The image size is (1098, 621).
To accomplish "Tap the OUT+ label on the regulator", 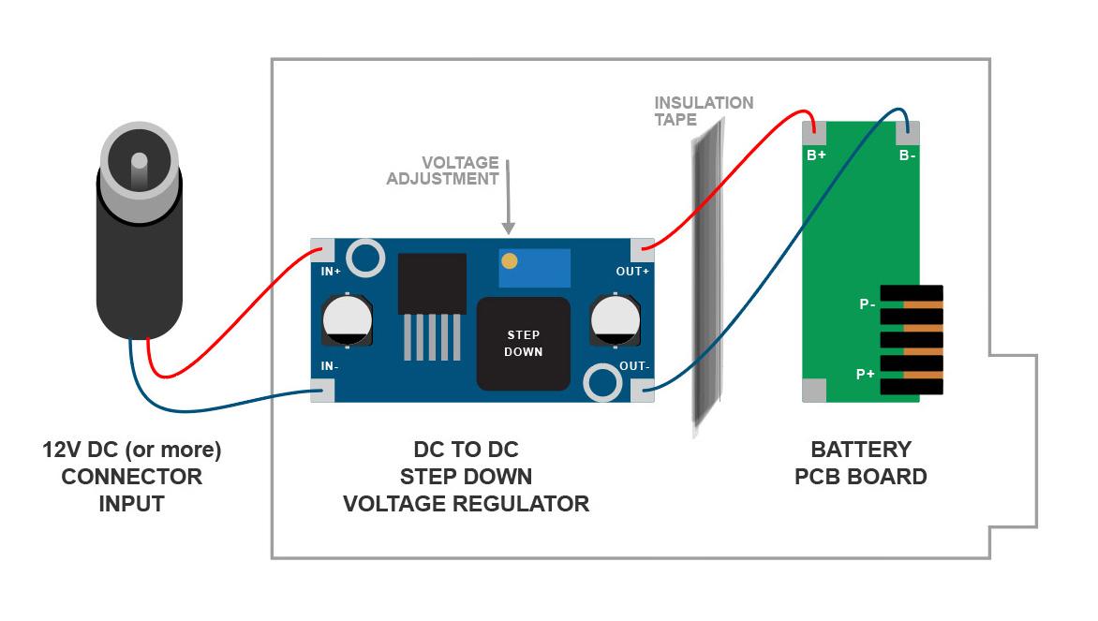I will coord(632,272).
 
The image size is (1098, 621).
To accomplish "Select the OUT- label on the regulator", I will coord(633,366).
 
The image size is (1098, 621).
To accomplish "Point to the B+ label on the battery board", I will coord(816,155).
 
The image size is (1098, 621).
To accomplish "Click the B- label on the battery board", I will coord(907,155).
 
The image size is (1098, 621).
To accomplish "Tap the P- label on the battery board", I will coord(867,303).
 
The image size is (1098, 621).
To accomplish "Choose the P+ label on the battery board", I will coord(866,374).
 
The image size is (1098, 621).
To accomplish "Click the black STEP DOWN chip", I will coord(523,344).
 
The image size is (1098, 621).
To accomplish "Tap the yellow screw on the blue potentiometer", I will coord(509,261).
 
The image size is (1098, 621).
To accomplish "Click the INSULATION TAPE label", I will coord(703,111).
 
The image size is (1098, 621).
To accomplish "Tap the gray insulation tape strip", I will coord(705,281).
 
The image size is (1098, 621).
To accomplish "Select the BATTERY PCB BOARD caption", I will coord(860,463).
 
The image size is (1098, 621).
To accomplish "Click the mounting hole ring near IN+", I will coord(364,257).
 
